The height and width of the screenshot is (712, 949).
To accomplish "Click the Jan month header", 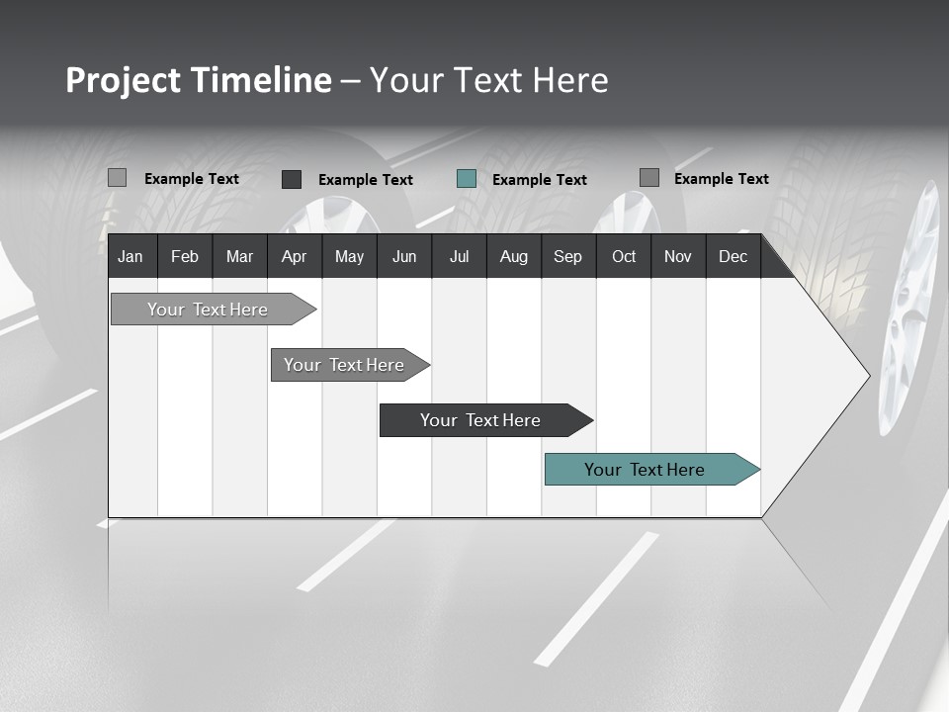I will click(130, 256).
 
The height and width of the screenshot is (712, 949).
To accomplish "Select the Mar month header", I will click(239, 256).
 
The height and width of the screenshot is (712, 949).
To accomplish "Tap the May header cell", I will click(349, 256).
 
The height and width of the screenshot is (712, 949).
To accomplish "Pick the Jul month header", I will click(459, 256).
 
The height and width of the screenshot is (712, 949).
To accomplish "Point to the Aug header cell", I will click(514, 256).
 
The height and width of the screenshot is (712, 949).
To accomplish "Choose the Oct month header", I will click(624, 256).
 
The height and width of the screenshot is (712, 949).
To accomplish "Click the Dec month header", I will click(733, 256).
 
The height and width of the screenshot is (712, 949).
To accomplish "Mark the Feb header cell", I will click(185, 256).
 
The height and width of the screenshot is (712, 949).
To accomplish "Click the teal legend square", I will click(467, 179).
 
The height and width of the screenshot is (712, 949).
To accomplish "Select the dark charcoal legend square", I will click(292, 179).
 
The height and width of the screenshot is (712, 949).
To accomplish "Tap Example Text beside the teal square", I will click(539, 180).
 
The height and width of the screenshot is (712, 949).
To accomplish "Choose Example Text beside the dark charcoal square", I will click(365, 180).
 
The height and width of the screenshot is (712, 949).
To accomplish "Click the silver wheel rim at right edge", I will click(911, 307).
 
